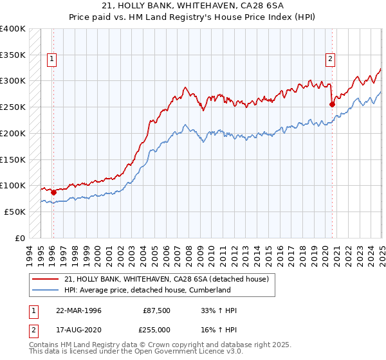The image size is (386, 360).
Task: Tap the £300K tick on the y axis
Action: [13, 81]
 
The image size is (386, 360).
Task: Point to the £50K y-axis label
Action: [15, 212]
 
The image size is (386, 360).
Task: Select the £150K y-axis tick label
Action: [13, 159]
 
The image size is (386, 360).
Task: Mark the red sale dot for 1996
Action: [53, 192]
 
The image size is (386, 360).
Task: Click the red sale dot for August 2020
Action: [333, 104]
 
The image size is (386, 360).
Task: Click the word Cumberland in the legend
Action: [208, 290]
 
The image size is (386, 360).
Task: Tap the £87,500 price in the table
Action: [156, 310]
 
